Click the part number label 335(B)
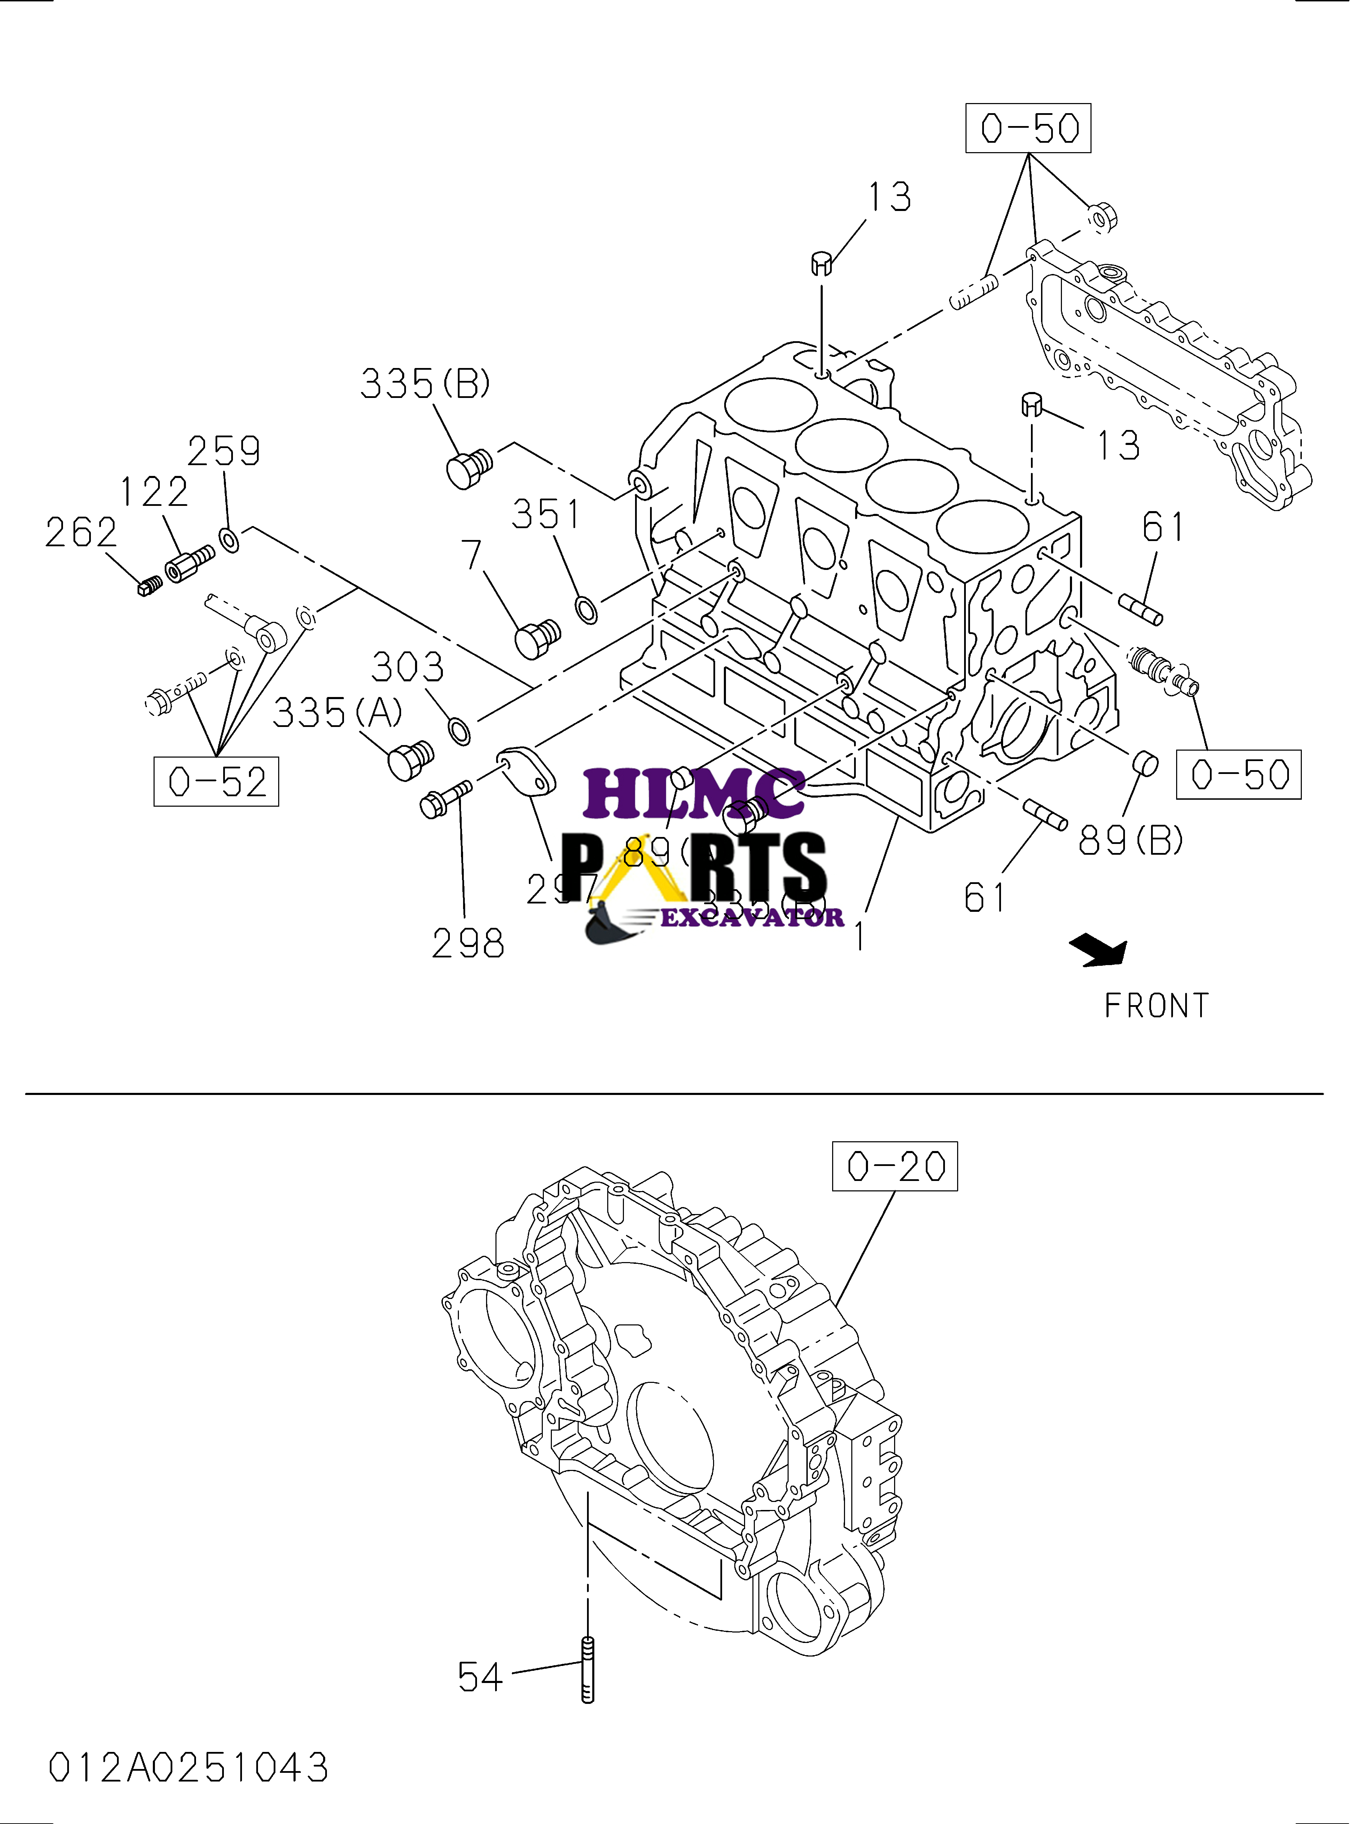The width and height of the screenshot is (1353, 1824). (x=425, y=383)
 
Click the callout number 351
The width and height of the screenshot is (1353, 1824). (x=546, y=514)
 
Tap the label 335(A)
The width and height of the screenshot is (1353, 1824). (x=337, y=713)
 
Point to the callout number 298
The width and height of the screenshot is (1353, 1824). (x=468, y=944)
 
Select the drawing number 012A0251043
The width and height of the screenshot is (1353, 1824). (x=188, y=1768)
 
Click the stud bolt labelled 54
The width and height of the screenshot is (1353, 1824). (x=587, y=1671)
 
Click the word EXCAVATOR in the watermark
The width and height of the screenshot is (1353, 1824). (x=752, y=917)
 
